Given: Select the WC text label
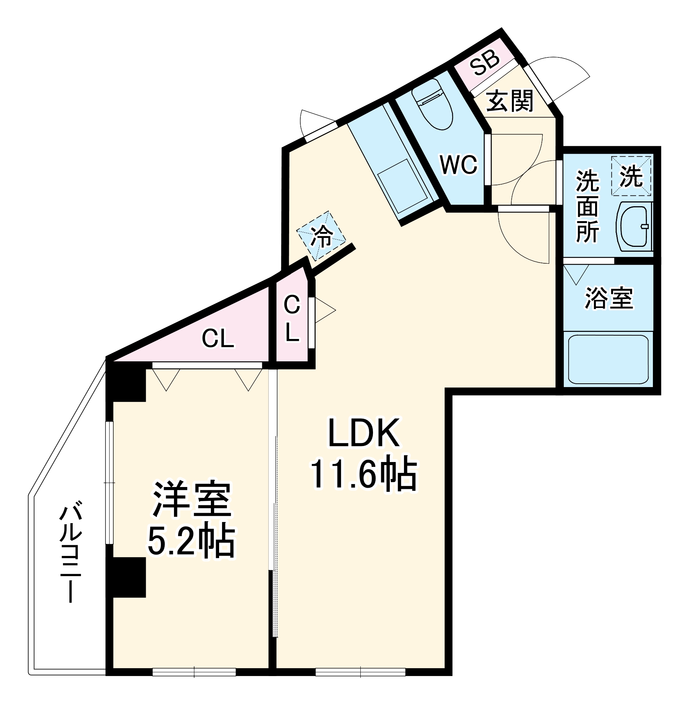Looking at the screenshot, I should pyautogui.click(x=458, y=164).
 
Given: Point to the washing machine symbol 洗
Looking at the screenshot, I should pyautogui.click(x=631, y=176).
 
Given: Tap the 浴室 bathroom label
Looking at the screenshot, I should pyautogui.click(x=609, y=298).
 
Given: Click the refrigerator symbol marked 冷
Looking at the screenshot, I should pyautogui.click(x=321, y=236).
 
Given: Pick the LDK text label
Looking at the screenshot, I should pyautogui.click(x=364, y=433).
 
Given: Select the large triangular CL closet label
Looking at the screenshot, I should pyautogui.click(x=218, y=339).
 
